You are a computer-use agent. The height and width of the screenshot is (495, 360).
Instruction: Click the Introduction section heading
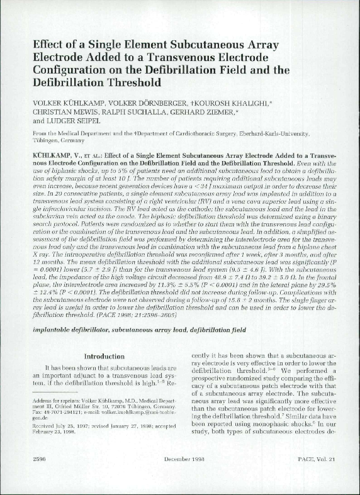(104, 356)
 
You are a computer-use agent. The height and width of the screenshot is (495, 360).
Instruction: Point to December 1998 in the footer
(181, 477)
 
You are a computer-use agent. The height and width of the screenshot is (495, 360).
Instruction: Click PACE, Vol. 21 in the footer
(318, 477)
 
